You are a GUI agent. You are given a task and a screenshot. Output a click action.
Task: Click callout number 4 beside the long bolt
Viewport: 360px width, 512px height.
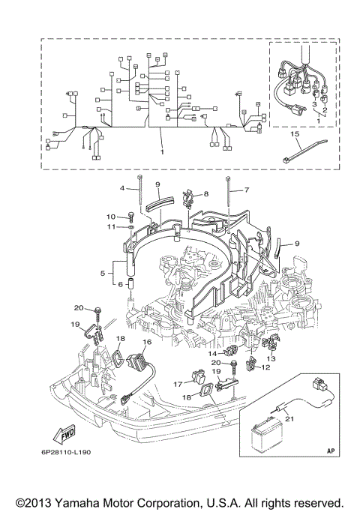(x=122, y=187)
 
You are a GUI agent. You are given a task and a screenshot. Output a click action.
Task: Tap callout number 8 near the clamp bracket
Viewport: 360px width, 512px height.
(x=205, y=193)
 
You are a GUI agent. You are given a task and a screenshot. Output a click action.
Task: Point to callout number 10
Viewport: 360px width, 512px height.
(x=110, y=217)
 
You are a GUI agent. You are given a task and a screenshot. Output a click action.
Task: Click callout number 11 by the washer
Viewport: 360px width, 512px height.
(x=110, y=226)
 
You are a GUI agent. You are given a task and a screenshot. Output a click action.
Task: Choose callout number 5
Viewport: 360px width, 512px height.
(x=103, y=274)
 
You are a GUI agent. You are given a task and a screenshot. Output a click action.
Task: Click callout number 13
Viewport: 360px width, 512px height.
(x=271, y=358)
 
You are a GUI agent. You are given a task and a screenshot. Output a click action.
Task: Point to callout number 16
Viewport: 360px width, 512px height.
(x=147, y=341)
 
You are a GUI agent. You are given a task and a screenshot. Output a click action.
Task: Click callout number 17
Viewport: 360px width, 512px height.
(x=178, y=384)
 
